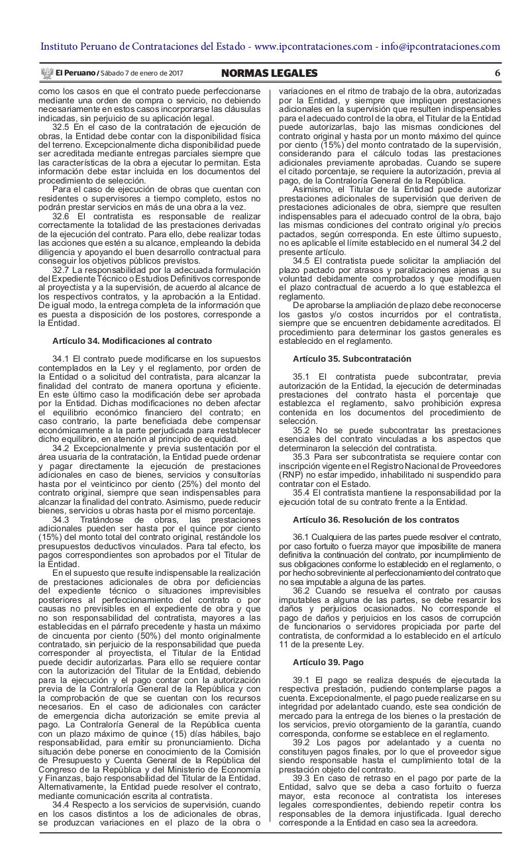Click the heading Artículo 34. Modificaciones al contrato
tap(132, 341)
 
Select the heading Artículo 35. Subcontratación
tap(352, 358)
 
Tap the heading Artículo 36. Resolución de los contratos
tap(375, 519)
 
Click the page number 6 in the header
tap(497, 73)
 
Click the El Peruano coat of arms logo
tap(46, 73)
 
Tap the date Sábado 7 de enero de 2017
tap(142, 74)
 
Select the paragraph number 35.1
tap(301, 376)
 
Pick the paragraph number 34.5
tap(301, 260)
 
